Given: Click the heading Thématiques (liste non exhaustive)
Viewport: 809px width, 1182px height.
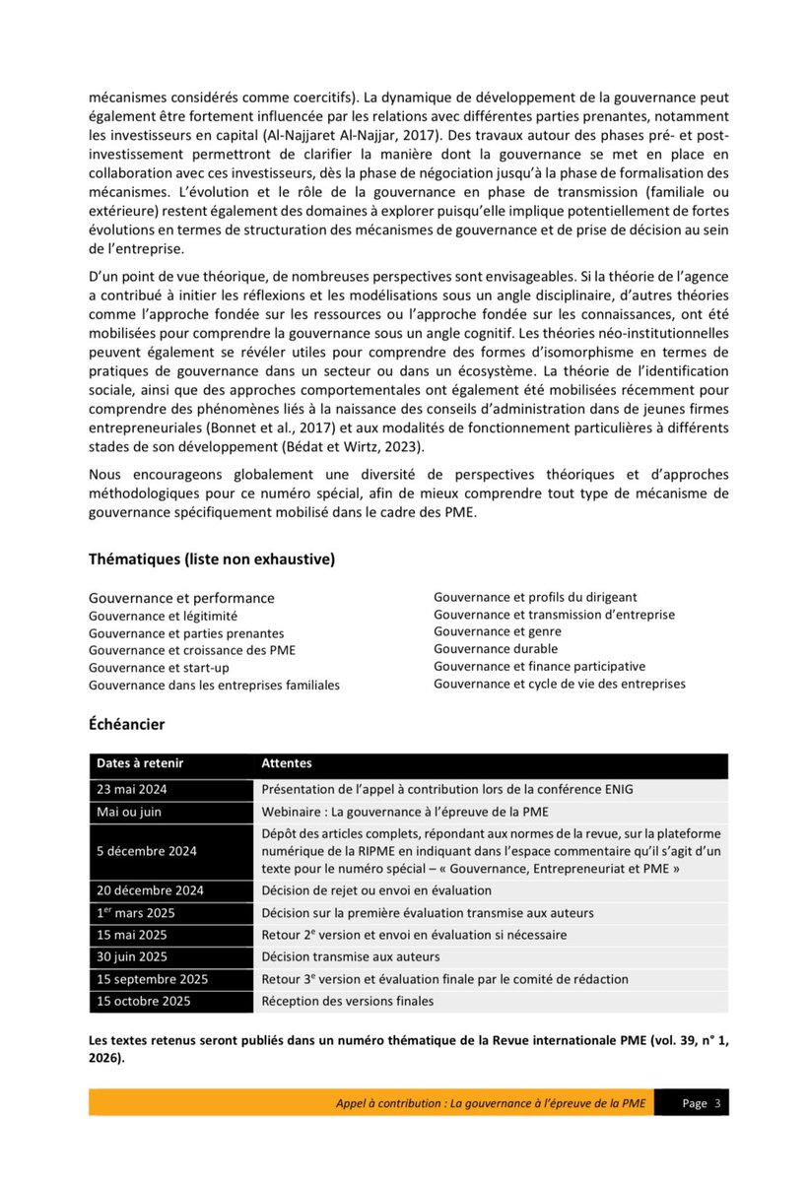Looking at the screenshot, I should (x=212, y=558).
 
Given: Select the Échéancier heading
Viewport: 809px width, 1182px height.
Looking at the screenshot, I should (x=126, y=724).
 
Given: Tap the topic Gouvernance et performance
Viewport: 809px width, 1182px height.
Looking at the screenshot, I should (x=181, y=598).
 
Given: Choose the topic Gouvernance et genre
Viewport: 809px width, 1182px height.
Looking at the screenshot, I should (x=498, y=631).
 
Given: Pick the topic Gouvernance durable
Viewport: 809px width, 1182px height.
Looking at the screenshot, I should (x=496, y=648).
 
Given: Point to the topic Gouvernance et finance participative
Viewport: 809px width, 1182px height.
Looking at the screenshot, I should (x=539, y=666).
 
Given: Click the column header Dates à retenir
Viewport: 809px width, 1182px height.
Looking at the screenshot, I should (x=140, y=763).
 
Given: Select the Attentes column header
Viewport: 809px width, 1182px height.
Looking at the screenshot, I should (x=287, y=763).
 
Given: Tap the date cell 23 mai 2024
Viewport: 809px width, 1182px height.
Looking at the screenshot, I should (x=133, y=788).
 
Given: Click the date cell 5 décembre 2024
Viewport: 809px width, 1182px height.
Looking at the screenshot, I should (x=147, y=851).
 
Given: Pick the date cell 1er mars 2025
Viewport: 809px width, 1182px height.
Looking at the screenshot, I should (x=137, y=913).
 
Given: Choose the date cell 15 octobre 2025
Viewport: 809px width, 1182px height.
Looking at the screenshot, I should (x=144, y=1001).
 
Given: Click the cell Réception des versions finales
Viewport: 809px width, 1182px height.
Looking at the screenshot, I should (x=347, y=1001).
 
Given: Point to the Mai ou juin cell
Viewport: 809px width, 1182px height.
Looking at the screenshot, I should (x=129, y=812).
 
